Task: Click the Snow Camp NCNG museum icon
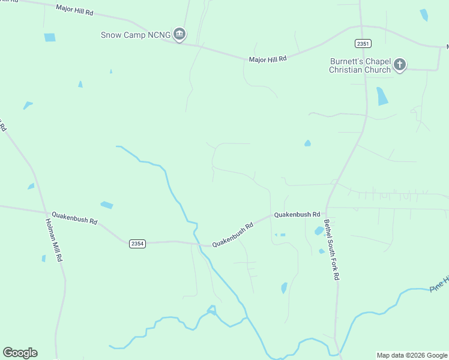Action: [179, 35]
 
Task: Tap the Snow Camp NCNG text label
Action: [135, 35]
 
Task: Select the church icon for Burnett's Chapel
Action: [400, 65]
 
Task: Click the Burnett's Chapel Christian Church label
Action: [360, 65]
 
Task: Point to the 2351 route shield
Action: [363, 43]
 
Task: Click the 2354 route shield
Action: [137, 242]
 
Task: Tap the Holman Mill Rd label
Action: [54, 239]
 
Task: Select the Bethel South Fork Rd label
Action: [332, 250]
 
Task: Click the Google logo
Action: [20, 353]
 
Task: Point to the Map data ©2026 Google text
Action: [411, 355]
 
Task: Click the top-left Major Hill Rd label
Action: [74, 10]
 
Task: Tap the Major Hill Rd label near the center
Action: [268, 59]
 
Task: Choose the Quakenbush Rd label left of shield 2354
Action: [74, 217]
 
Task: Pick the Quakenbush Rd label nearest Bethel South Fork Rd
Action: [297, 214]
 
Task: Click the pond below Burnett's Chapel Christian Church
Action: [382, 96]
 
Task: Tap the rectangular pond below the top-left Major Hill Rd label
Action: [50, 37]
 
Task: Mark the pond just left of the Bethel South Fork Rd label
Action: [318, 231]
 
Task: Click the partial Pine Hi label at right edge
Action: [439, 284]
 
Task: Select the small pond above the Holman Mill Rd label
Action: [31, 187]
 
